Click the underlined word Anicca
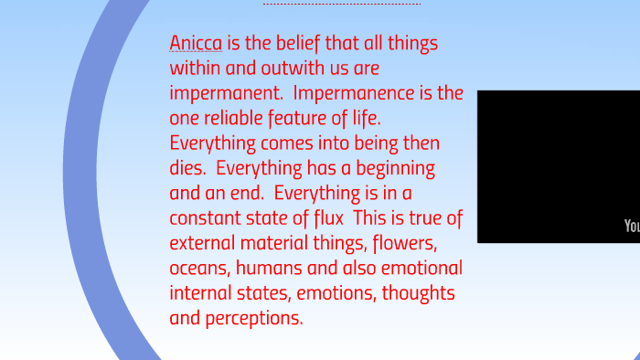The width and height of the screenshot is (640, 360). pos(196,43)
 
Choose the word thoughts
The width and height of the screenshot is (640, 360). pos(419,293)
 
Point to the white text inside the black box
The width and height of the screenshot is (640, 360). pos(632,226)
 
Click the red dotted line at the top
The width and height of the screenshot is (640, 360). pos(342,4)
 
